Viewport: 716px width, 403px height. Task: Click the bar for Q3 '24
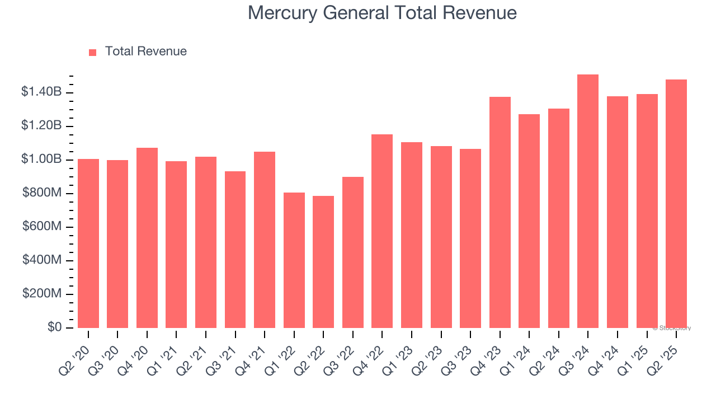point(588,201)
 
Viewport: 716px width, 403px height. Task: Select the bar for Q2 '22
point(323,262)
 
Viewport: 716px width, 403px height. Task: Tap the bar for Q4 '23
point(500,213)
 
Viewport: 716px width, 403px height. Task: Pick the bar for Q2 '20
point(88,243)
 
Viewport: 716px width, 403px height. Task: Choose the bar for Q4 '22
point(382,231)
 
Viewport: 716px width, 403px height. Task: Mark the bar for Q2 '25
point(676,204)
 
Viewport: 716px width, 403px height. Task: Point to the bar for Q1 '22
point(294,260)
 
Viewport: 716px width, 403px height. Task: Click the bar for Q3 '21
point(235,250)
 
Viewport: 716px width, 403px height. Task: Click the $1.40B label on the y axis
point(41,92)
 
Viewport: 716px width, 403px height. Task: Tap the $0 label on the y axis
point(55,327)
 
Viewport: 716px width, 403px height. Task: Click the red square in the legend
point(93,52)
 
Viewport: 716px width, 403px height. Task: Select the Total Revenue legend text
point(145,51)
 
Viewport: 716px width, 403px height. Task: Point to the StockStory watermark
point(672,328)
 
